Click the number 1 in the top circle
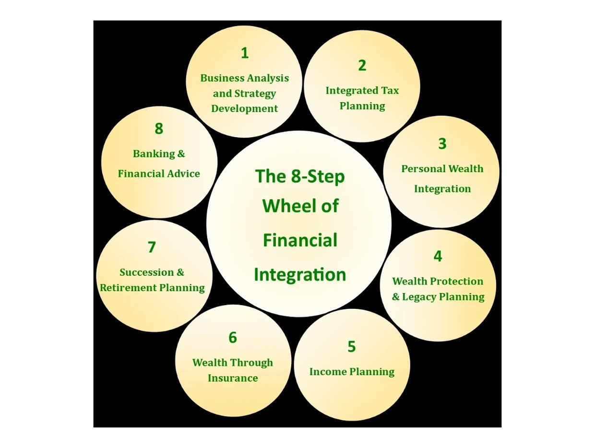point(245,53)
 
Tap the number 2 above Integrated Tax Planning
point(362,66)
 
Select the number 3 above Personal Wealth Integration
point(442,144)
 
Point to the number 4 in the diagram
point(438,257)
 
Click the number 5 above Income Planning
point(352,347)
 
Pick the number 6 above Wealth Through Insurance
point(233,338)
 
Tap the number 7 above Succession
point(152,247)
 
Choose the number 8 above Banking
point(159,129)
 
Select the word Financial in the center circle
point(300,240)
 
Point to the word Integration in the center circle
point(300,275)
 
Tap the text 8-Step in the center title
point(318,176)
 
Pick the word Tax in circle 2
point(390,90)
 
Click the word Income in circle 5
point(328,372)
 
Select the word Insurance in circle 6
point(233,378)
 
